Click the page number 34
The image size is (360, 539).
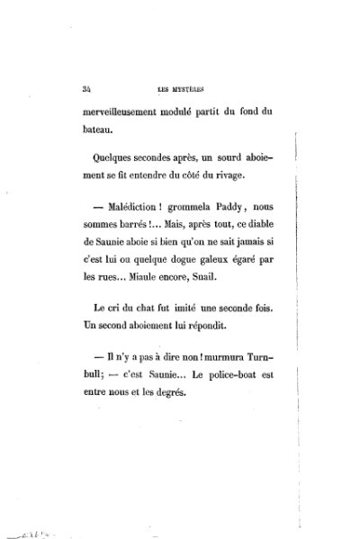point(86,88)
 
